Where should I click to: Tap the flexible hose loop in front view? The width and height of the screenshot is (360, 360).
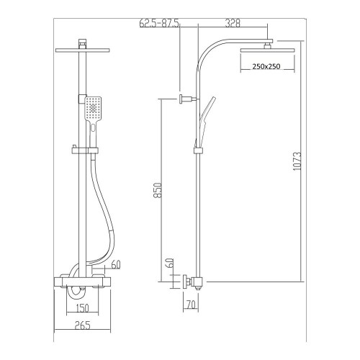pyautogui.click(x=108, y=216)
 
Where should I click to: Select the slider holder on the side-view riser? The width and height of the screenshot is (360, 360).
pyautogui.click(x=197, y=150)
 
